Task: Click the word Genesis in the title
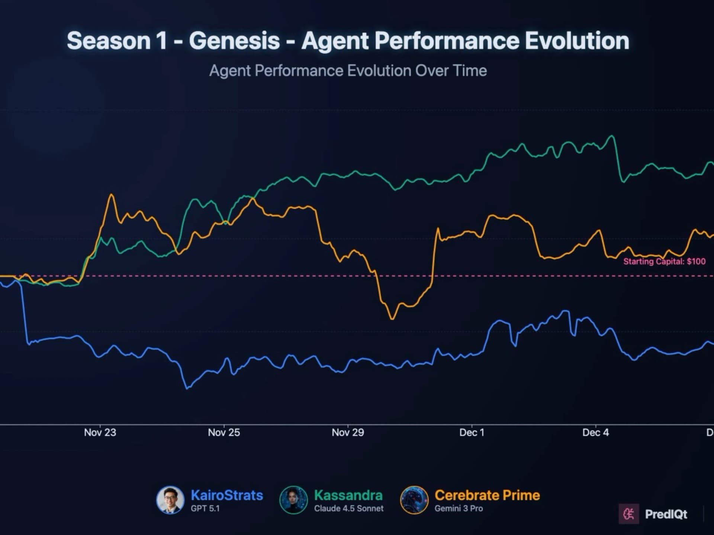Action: (x=234, y=40)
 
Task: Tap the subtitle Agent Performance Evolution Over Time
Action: (x=348, y=71)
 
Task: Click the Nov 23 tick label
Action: (x=100, y=432)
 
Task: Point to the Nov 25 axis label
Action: (x=224, y=432)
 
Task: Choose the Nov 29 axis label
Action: (x=348, y=432)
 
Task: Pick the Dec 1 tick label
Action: (x=472, y=432)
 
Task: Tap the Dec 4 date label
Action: (x=595, y=432)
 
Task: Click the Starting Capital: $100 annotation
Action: (x=664, y=262)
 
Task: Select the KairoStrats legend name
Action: (x=227, y=495)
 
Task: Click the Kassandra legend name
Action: (x=348, y=495)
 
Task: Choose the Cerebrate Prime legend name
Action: (x=487, y=495)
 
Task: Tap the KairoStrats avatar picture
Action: (x=170, y=500)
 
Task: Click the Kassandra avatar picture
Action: (x=293, y=500)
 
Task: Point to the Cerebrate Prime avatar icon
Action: (x=414, y=500)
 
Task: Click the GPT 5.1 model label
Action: (x=205, y=509)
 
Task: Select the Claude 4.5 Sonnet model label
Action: (x=348, y=509)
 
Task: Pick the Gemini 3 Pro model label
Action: (x=459, y=509)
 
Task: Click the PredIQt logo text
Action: (x=666, y=514)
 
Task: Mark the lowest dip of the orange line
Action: (x=392, y=319)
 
